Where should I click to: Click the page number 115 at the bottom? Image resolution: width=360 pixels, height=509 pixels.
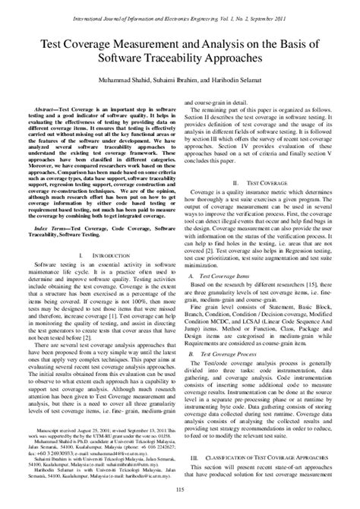(x=180, y=498)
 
